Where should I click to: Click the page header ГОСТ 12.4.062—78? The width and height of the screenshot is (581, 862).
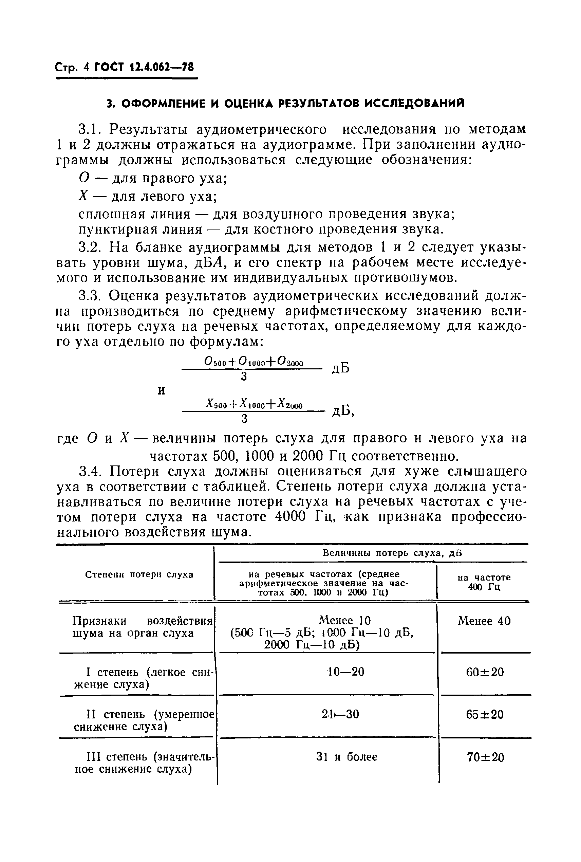coord(144,68)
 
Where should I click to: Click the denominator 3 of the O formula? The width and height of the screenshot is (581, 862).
coord(244,377)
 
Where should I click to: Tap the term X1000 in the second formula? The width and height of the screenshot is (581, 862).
coord(251,405)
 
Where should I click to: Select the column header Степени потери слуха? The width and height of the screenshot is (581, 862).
coord(139,575)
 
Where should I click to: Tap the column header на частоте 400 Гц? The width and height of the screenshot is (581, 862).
coord(484,582)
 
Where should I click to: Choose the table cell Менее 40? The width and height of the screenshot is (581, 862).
coord(484,621)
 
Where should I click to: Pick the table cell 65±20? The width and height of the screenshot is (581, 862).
coord(485,714)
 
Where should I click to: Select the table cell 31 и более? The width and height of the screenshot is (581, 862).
coord(347,757)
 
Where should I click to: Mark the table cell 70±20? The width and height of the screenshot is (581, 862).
coord(485,757)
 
